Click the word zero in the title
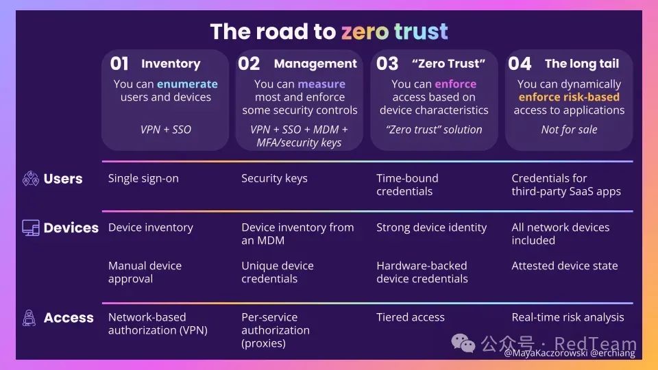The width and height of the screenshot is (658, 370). [x=365, y=32]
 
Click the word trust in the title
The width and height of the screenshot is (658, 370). [x=421, y=32]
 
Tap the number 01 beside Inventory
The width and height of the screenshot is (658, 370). [x=119, y=64]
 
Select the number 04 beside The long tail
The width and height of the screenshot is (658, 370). [x=520, y=64]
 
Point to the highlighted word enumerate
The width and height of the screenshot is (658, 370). [x=187, y=84]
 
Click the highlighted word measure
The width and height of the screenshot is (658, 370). [x=321, y=84]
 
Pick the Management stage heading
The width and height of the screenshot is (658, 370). [x=315, y=63]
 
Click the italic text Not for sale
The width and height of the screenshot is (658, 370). [x=569, y=129]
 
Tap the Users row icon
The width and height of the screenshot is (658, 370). [x=31, y=178]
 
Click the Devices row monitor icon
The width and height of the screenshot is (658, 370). [x=31, y=227]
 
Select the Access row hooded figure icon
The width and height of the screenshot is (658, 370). [x=29, y=317]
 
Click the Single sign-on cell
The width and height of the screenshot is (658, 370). [x=143, y=179]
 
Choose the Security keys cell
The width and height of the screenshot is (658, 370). [x=274, y=179]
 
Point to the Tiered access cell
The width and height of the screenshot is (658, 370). [x=411, y=317]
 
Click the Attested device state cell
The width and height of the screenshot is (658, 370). [x=565, y=266]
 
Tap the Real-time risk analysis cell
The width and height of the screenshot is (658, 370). [x=568, y=317]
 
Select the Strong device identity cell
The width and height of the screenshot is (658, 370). [x=431, y=227]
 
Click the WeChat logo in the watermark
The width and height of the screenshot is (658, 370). [x=463, y=343]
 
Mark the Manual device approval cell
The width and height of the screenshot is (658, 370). [x=145, y=272]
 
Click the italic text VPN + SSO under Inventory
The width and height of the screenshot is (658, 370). [x=166, y=129]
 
